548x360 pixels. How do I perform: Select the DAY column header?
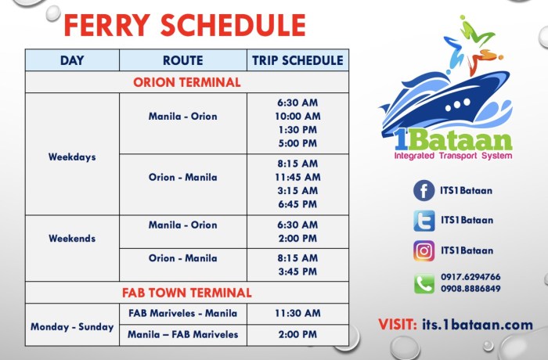pyautogui.click(x=72, y=60)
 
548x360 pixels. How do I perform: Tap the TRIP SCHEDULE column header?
pyautogui.click(x=297, y=60)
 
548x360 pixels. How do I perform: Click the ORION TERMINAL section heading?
pyautogui.click(x=186, y=82)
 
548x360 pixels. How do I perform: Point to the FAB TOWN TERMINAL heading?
pyautogui.click(x=186, y=293)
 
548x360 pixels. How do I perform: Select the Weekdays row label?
pyautogui.click(x=72, y=157)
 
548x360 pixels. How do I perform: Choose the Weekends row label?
pyautogui.click(x=72, y=238)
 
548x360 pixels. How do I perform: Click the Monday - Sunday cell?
pyautogui.click(x=72, y=326)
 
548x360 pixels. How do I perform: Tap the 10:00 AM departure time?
pyautogui.click(x=297, y=116)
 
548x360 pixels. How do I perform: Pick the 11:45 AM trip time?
pyautogui.click(x=297, y=177)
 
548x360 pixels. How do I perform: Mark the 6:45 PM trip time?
pyautogui.click(x=297, y=204)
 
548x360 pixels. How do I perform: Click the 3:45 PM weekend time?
pyautogui.click(x=297, y=272)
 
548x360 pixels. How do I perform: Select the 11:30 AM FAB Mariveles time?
pyautogui.click(x=297, y=313)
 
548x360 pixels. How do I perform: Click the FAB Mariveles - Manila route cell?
pyautogui.click(x=182, y=313)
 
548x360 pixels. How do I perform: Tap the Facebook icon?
pyautogui.click(x=424, y=190)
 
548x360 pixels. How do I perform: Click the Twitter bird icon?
pyautogui.click(x=424, y=221)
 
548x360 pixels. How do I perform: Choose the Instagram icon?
pyautogui.click(x=424, y=250)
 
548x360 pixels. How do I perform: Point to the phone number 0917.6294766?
pyautogui.click(x=471, y=276)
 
